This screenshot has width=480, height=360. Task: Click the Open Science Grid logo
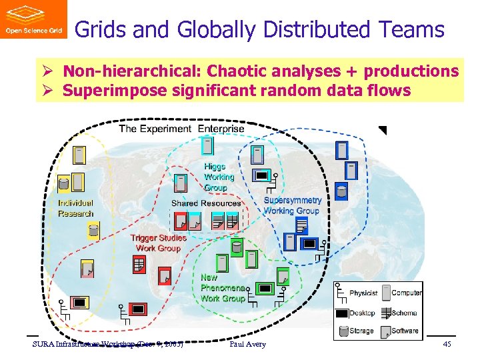33,19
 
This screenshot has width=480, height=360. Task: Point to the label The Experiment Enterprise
181,129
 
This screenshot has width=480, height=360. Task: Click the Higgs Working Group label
219,177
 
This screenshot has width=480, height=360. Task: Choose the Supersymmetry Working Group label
292,205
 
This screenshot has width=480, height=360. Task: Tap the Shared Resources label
206,203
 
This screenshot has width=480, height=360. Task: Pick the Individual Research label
75,208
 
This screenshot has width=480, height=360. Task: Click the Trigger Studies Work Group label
158,243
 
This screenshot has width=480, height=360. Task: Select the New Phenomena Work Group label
222,289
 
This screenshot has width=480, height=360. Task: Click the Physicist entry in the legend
363,293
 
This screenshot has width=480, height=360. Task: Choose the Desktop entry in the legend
362,313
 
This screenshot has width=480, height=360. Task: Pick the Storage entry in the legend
361,331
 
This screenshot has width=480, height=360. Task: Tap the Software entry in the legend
405,331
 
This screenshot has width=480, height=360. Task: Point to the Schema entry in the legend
404,313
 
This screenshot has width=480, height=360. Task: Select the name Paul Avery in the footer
247,344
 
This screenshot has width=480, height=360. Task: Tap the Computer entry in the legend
406,293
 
